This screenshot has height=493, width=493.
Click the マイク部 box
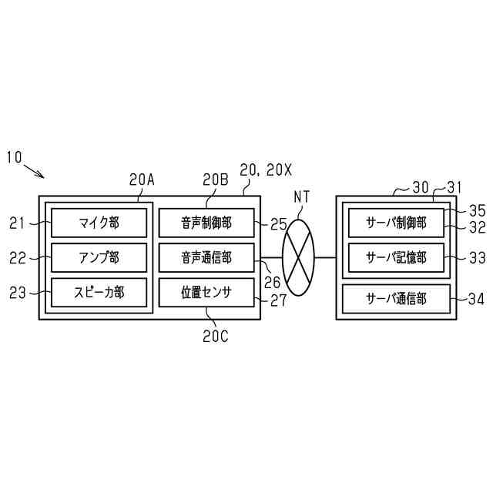(99, 224)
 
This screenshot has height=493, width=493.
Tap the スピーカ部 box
(99, 292)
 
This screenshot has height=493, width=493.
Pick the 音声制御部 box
(206, 224)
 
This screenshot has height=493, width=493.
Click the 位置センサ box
(206, 292)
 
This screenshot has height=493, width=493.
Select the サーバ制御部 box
(397, 224)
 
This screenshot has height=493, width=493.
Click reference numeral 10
(14, 157)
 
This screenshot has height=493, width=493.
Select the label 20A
(142, 180)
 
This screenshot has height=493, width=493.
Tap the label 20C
(215, 336)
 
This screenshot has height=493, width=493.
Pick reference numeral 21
(18, 224)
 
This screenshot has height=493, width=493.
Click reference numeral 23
(18, 293)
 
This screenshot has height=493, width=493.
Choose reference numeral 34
(478, 298)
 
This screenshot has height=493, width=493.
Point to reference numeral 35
(478, 209)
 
